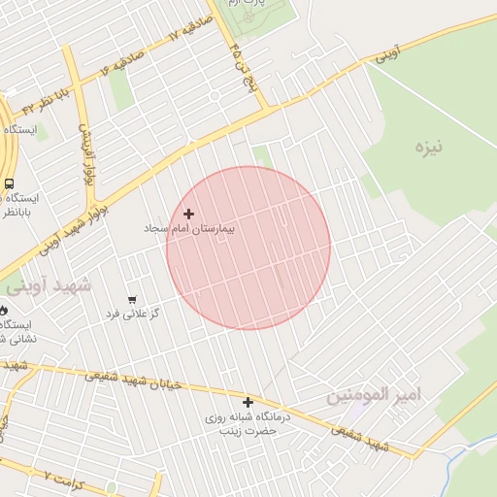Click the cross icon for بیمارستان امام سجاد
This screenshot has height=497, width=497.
click(188, 214)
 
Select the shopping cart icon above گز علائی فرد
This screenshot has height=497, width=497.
click(132, 300)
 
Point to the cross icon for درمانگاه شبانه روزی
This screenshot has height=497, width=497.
click(248, 402)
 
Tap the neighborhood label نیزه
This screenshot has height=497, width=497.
click(427, 148)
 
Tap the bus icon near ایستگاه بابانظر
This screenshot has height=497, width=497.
click(9, 182)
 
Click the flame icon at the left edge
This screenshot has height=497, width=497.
click(4, 310)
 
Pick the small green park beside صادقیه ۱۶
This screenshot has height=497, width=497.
click(120, 89)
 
